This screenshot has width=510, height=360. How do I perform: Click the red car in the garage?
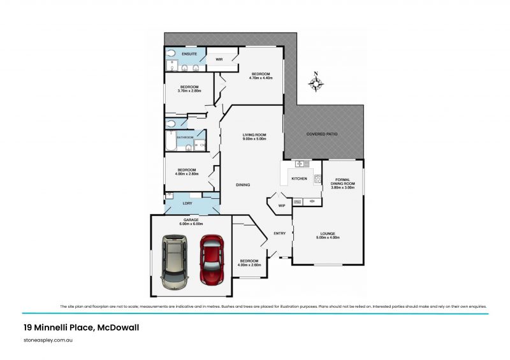[211, 259]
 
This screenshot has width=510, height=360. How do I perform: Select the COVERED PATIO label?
[322, 134]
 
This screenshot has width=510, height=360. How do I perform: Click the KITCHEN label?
[300, 179]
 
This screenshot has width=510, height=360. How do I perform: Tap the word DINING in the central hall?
[243, 185]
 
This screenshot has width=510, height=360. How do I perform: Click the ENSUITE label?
[189, 54]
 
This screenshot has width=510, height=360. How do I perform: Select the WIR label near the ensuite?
[219, 59]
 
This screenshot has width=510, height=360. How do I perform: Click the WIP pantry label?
[281, 205]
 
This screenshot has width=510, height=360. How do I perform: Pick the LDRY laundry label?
[187, 204]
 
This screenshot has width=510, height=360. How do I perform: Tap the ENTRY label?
[280, 233]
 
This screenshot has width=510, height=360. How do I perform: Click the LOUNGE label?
[328, 234]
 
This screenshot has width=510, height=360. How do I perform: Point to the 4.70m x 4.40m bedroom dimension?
[261, 78]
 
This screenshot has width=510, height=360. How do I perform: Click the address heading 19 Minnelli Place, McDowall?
[81, 328]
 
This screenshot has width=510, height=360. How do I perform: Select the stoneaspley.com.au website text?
[47, 342]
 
